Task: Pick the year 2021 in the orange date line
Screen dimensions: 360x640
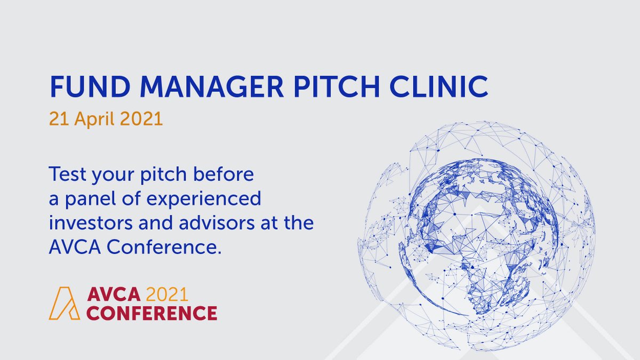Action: pyautogui.click(x=143, y=118)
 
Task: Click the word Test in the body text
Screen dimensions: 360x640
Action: pyautogui.click(x=67, y=175)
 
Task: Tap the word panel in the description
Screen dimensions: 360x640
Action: pyautogui.click(x=89, y=200)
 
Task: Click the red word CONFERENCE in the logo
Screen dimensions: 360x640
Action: pyautogui.click(x=151, y=313)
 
